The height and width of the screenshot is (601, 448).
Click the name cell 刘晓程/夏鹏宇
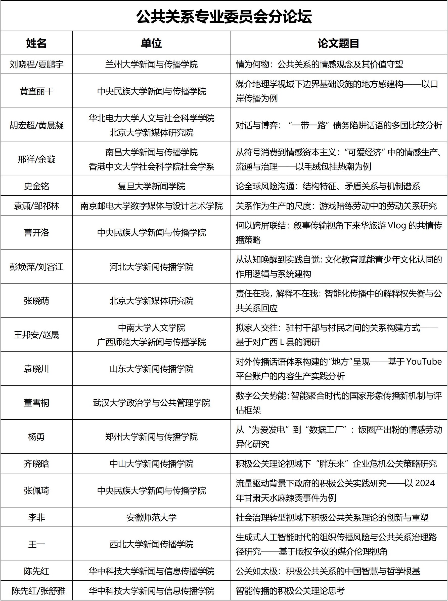36,64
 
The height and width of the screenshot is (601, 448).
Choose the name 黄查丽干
36,91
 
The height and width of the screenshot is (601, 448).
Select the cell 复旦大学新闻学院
151,186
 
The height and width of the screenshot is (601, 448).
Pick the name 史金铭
36,186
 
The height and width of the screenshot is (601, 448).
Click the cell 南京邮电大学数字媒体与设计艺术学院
151,206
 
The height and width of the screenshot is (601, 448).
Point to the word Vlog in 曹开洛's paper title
396,226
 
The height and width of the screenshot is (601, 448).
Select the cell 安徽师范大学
151,518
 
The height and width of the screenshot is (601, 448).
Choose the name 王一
36,545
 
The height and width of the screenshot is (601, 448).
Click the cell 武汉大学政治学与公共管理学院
151,403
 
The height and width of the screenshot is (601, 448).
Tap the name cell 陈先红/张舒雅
38,591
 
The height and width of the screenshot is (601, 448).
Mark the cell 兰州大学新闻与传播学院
151,64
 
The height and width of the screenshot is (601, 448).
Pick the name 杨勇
36,437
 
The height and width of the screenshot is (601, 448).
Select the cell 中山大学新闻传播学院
151,464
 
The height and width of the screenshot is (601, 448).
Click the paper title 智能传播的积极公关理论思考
290,591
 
